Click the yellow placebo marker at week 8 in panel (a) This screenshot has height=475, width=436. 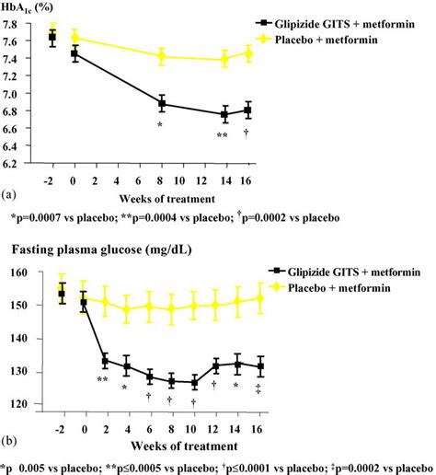pos(162,56)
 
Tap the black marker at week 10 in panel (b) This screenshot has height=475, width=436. pos(193,382)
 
